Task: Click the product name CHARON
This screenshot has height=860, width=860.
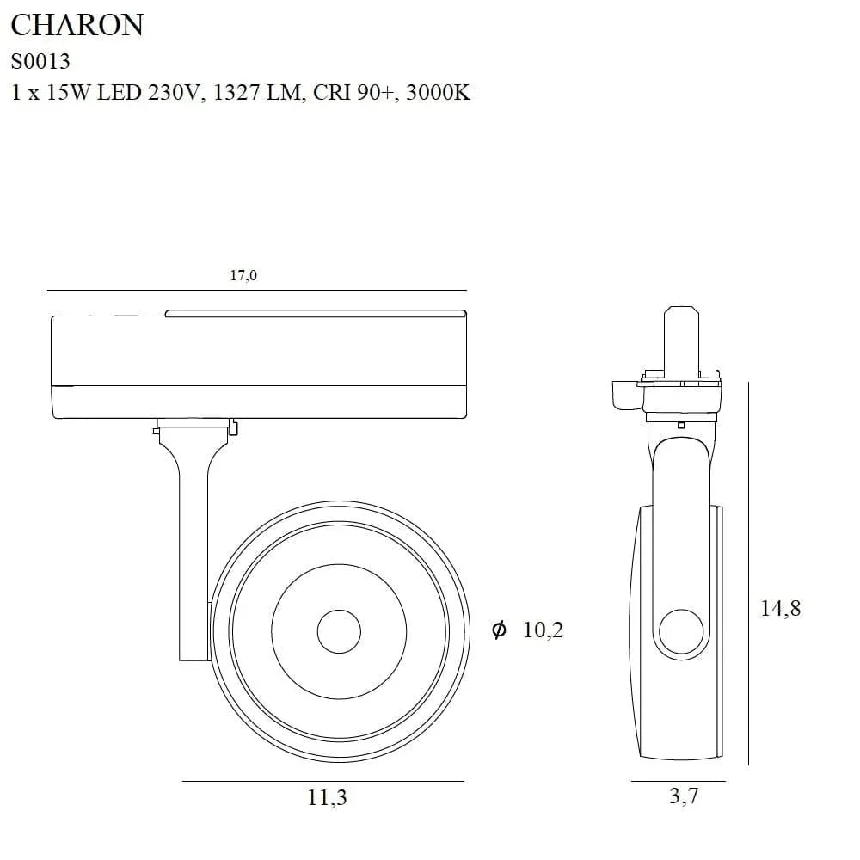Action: tap(77, 25)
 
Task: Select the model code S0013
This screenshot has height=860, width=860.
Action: tap(40, 61)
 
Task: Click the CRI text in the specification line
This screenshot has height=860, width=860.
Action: tap(330, 93)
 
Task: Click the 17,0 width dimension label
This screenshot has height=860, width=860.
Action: tap(243, 275)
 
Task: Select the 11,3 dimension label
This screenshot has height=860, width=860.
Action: tap(327, 797)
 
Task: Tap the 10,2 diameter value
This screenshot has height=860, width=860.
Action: tap(543, 630)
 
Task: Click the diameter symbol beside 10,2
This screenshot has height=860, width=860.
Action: tap(499, 630)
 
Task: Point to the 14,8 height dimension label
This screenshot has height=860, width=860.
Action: tap(780, 608)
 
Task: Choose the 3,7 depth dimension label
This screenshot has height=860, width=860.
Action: tap(684, 796)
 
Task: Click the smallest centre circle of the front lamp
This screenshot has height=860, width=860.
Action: tap(338, 632)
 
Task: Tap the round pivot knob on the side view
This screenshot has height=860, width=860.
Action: tap(680, 635)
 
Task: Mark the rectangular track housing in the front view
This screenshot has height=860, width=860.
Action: tap(258, 365)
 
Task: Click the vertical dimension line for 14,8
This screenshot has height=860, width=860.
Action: tap(748, 574)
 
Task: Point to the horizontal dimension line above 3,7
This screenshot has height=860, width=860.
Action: tap(678, 781)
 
